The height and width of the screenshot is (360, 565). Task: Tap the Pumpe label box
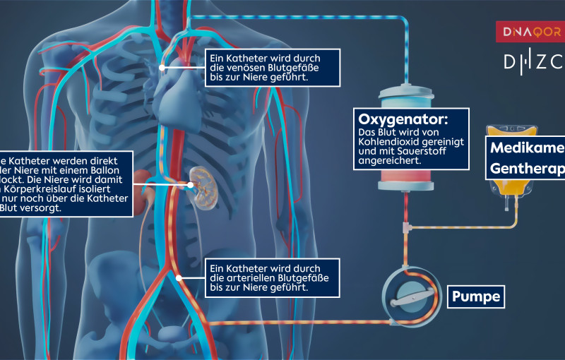click(x=476, y=296)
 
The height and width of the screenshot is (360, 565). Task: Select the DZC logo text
click(x=533, y=61)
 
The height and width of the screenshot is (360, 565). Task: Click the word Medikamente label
click(x=526, y=149)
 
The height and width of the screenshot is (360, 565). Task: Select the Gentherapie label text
click(x=526, y=169)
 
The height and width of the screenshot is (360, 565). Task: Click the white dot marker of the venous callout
click(x=163, y=68)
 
